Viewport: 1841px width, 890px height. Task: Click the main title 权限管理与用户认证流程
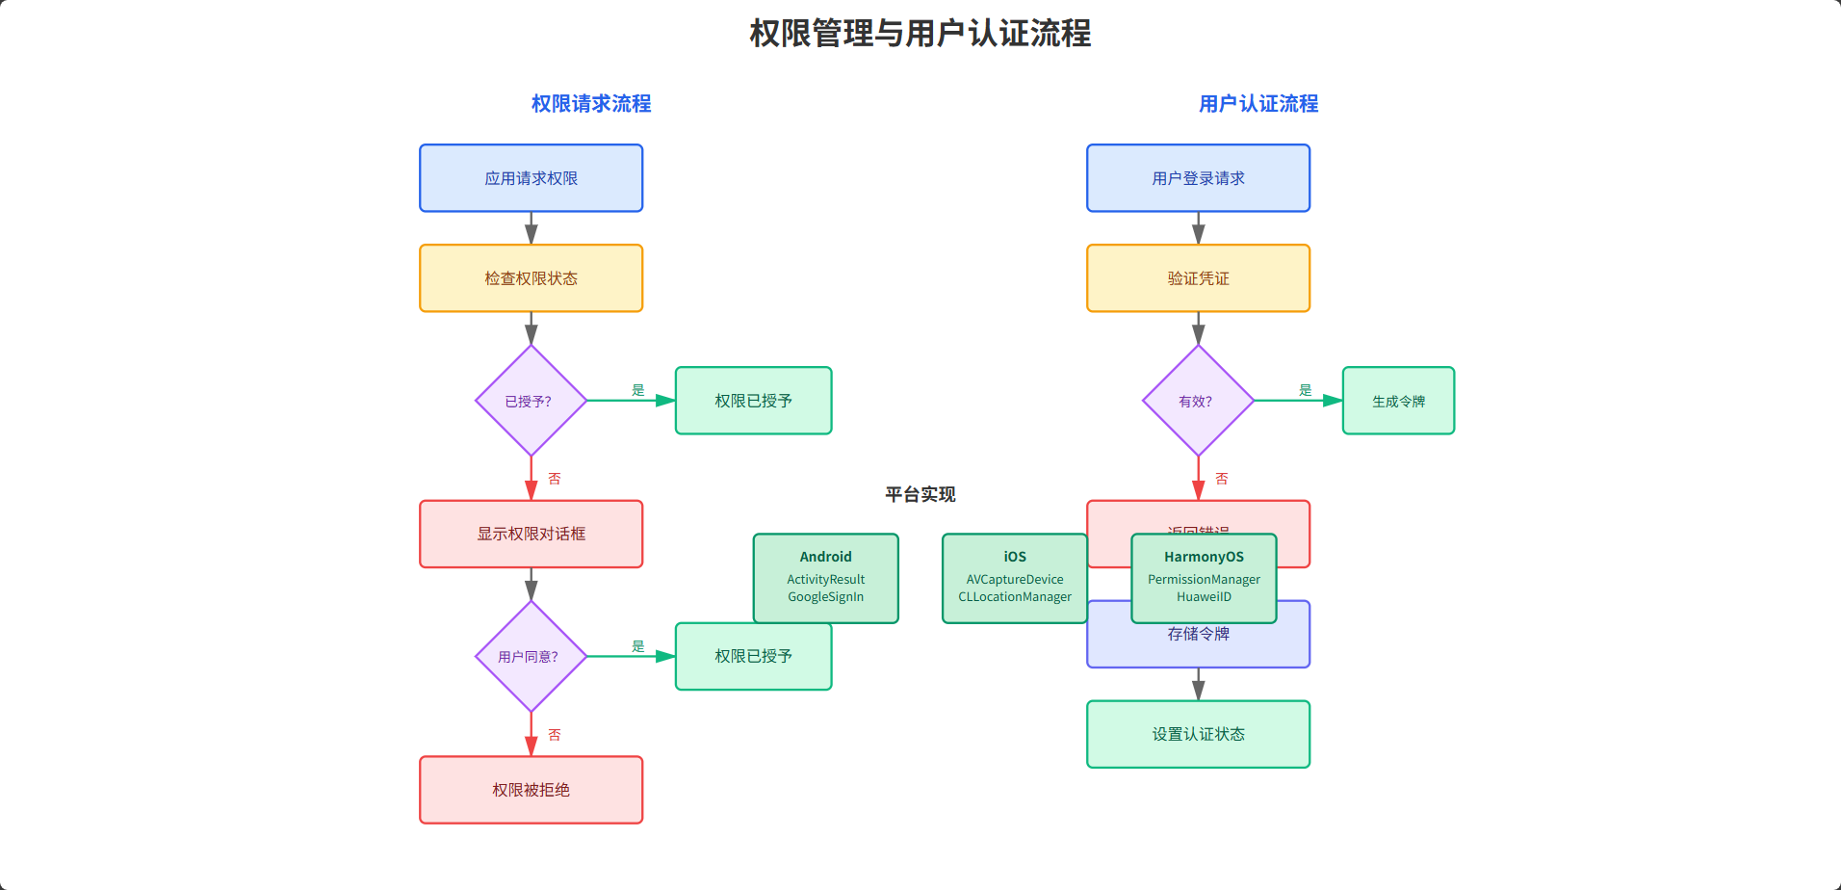(920, 34)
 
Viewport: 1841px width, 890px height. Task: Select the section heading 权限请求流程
(591, 104)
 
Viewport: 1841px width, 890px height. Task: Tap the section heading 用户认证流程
(1258, 104)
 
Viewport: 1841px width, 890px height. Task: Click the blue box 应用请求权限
(531, 178)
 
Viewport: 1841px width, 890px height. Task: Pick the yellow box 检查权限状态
(531, 278)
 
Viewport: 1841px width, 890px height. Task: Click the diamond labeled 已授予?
(531, 401)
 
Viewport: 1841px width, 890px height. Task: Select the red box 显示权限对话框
(531, 534)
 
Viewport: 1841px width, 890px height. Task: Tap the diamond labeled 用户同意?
(531, 657)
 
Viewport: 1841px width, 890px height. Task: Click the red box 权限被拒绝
(531, 790)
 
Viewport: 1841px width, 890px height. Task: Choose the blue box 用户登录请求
(1198, 178)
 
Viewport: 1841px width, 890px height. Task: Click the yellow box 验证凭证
(1198, 278)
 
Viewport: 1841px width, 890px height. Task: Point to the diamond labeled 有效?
(1198, 401)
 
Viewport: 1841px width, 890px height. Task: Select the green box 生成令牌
(1398, 401)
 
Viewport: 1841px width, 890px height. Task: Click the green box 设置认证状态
(1198, 734)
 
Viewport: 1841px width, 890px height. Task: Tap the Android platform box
(825, 578)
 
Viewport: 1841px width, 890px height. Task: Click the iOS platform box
(1014, 578)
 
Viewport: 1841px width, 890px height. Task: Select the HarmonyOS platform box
(1204, 578)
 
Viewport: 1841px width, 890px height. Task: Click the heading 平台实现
(920, 494)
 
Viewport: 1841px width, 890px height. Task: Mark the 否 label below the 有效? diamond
(1221, 479)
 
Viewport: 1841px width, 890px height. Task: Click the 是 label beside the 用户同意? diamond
(637, 646)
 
